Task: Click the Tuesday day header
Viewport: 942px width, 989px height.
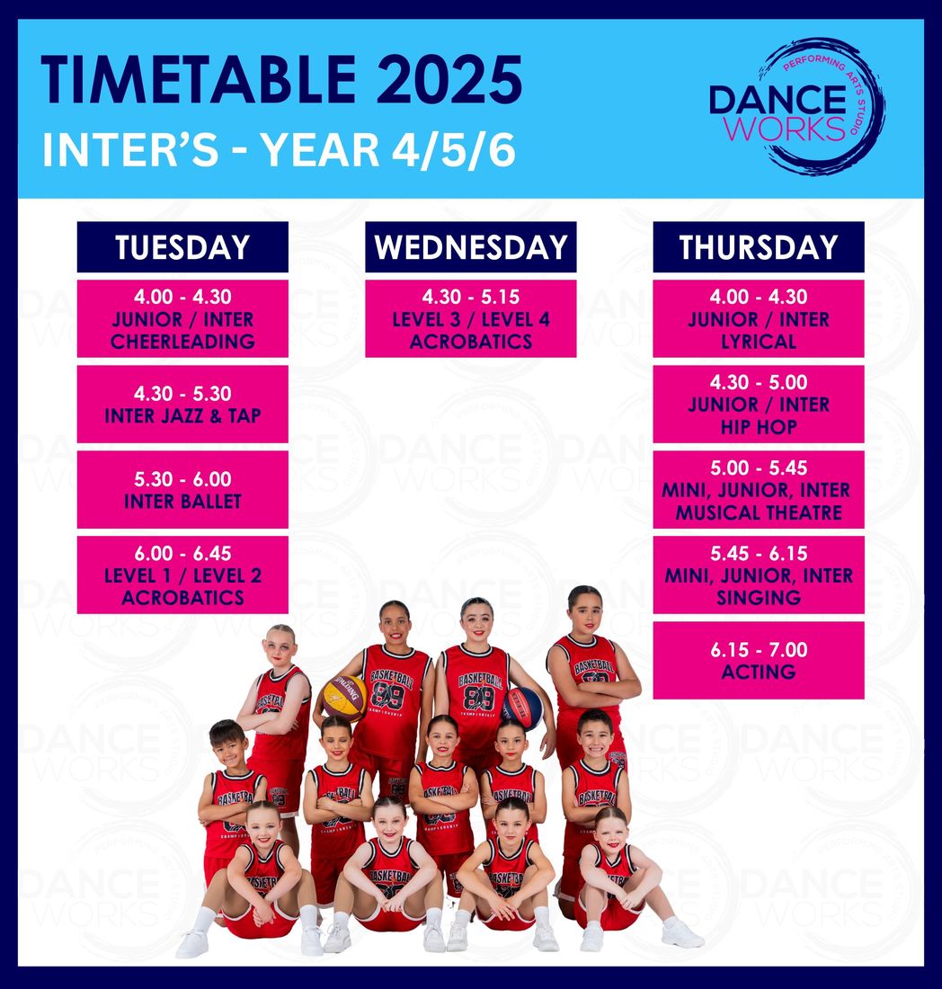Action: pos(182,246)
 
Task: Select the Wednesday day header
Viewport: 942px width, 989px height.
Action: pos(470,246)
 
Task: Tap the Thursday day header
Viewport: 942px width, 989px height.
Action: pos(759,246)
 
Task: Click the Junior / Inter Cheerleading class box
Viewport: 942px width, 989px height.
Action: pos(182,318)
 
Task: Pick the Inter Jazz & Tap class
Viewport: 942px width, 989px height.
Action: pos(182,405)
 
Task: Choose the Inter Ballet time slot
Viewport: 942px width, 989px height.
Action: pos(182,489)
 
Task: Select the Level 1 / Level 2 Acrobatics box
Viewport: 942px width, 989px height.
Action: pos(182,575)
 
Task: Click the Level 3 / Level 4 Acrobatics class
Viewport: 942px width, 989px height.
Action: pos(470,318)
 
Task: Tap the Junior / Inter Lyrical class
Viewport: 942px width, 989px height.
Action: pos(759,318)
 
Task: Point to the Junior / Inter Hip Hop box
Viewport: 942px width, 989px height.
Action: pos(759,405)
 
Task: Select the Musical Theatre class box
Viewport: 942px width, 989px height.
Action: pos(759,489)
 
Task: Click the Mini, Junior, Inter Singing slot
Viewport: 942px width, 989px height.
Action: pos(759,575)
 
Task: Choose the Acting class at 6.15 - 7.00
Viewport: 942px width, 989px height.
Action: pos(759,661)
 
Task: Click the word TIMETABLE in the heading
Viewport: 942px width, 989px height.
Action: pos(199,80)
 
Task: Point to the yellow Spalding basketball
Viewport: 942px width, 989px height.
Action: pos(344,698)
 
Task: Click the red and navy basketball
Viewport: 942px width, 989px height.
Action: pos(522,708)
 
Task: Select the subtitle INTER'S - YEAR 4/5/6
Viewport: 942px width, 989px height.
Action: pos(279,150)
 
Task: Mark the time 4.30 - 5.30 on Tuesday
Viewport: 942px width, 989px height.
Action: pos(182,394)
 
